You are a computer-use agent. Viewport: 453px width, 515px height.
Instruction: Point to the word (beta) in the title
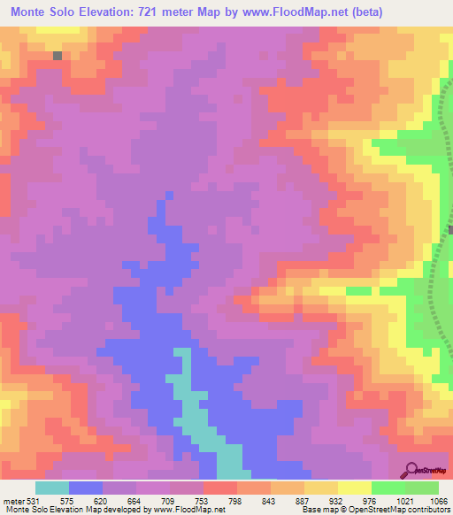point(422,12)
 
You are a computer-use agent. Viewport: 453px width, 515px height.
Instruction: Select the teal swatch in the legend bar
point(52,488)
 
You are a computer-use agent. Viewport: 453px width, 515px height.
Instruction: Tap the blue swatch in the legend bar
point(86,488)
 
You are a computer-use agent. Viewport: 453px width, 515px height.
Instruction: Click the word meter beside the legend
point(13,500)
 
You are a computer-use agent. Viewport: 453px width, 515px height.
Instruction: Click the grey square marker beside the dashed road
point(449,230)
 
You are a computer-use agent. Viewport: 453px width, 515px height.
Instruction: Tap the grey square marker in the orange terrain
point(58,55)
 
